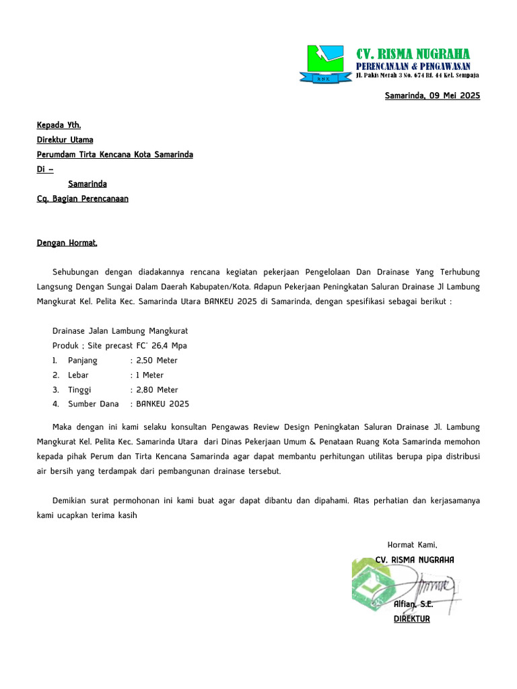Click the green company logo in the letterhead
(329, 65)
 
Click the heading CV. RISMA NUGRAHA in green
(413, 54)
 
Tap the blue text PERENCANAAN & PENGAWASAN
(413, 66)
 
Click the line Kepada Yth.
(59, 125)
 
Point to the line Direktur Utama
(65, 140)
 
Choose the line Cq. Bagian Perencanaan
(82, 198)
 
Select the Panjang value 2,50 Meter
(157, 361)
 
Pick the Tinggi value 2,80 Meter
(157, 390)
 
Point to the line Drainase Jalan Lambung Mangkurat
(120, 331)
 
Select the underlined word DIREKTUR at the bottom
(411, 619)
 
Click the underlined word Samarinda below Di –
(87, 184)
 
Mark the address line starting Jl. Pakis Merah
(417, 77)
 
